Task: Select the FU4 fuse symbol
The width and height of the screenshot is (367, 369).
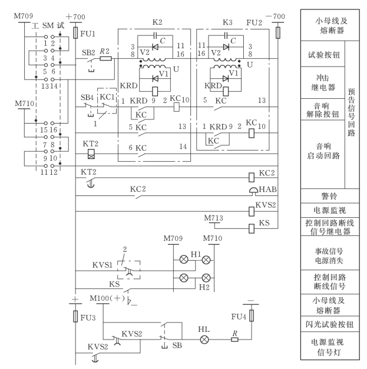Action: [x=252, y=313]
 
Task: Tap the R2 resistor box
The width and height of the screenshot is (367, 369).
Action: [x=106, y=59]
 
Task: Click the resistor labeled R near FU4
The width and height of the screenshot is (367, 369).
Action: [x=234, y=340]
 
